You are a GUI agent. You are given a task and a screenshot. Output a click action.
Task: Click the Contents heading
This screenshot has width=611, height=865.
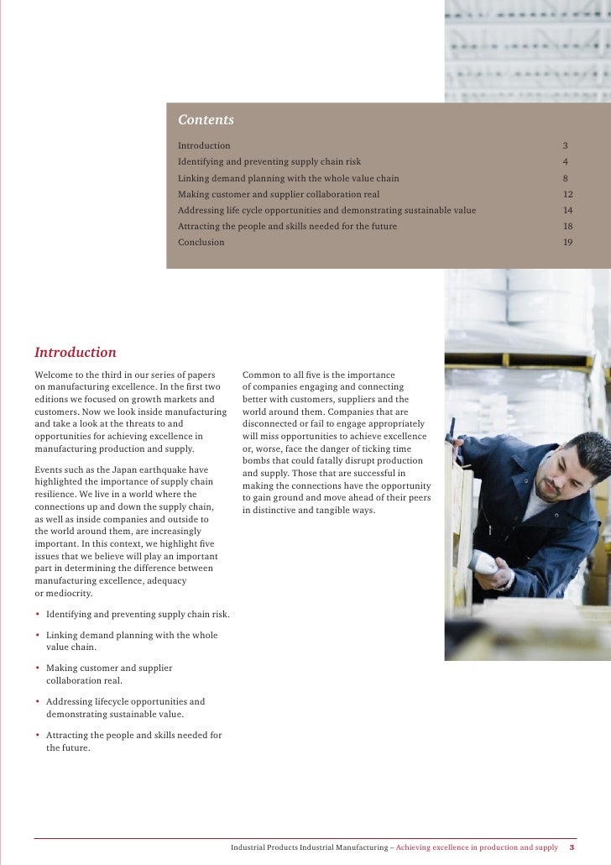(x=206, y=120)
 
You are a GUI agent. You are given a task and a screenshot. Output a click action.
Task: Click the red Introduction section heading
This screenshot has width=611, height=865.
(x=76, y=353)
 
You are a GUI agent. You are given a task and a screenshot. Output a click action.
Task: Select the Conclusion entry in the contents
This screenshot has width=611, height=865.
(x=201, y=243)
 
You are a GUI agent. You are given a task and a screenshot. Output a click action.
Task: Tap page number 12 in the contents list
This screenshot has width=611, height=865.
(x=567, y=194)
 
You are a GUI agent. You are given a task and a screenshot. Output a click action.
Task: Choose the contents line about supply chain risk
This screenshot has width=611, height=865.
(x=269, y=162)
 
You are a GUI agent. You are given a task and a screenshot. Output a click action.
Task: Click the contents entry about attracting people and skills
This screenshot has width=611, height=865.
(x=287, y=227)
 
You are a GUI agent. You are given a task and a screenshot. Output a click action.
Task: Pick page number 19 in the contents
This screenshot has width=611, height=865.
(x=567, y=243)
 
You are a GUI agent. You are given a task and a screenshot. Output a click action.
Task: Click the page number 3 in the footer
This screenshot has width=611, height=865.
(x=572, y=847)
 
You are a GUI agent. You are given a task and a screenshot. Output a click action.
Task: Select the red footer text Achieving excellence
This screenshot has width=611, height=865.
(x=476, y=847)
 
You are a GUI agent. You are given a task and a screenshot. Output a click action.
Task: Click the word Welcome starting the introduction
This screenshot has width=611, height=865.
(x=53, y=375)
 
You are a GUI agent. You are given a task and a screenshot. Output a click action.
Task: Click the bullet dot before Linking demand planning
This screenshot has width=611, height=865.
(x=38, y=636)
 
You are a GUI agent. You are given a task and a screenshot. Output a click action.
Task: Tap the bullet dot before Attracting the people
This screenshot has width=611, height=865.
(x=38, y=736)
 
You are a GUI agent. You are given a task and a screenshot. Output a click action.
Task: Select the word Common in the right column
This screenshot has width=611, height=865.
(x=260, y=375)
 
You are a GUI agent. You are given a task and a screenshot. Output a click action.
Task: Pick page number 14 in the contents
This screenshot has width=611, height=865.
(x=567, y=210)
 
